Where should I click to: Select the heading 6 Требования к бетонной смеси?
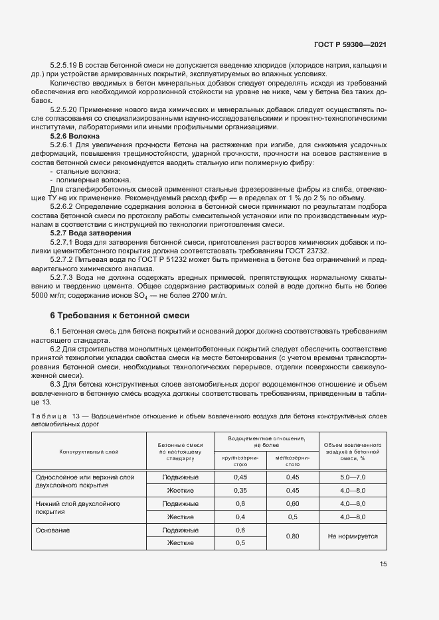click(120, 316)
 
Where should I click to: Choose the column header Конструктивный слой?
click(89, 452)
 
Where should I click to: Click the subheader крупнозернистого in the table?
click(240, 461)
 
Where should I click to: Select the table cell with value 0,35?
click(240, 491)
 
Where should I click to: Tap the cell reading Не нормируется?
click(353, 536)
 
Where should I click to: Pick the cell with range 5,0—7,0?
click(353, 477)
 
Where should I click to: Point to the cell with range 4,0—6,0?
click(353, 503)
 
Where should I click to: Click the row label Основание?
click(54, 530)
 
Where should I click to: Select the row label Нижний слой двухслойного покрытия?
click(78, 508)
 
